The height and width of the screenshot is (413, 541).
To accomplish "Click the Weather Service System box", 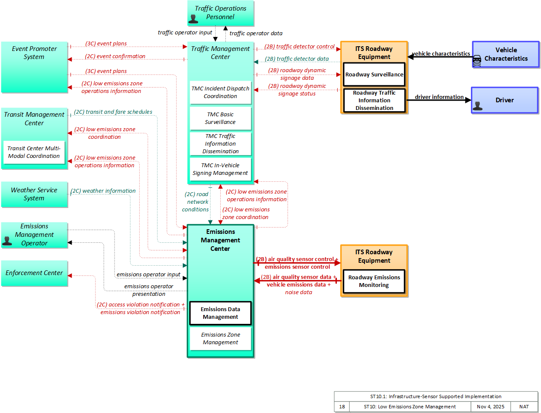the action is [34, 194].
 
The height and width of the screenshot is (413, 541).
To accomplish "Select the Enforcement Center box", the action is [34, 273].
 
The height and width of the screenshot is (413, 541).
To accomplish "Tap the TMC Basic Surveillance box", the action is [220, 118].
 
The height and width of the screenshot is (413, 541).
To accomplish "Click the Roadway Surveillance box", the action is [374, 74].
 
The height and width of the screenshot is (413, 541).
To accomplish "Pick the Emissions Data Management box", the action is [220, 313].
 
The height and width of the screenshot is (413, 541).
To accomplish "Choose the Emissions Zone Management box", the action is [220, 339].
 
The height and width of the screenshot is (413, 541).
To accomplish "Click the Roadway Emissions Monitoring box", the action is [374, 281].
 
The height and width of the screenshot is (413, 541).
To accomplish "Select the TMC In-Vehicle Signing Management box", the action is [220, 169].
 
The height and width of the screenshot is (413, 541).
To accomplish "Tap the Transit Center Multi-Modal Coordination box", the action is [34, 152].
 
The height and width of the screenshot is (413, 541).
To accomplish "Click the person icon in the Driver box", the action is [478, 106].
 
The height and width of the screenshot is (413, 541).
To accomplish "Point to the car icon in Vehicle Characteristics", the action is [477, 61].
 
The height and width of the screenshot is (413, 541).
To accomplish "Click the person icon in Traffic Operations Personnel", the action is [193, 19].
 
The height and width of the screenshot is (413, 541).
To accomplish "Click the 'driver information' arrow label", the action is [439, 97].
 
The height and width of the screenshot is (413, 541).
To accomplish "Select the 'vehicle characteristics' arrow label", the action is [441, 53].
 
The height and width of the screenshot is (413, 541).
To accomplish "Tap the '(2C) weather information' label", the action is [103, 191].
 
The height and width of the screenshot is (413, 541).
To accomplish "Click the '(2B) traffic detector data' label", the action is [297, 59].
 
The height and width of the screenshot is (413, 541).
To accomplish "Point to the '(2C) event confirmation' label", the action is [115, 56].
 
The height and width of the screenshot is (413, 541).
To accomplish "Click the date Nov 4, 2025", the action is [491, 407].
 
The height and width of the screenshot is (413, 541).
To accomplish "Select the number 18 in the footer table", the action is [342, 407].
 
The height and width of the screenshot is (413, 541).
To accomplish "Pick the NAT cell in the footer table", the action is [524, 407].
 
